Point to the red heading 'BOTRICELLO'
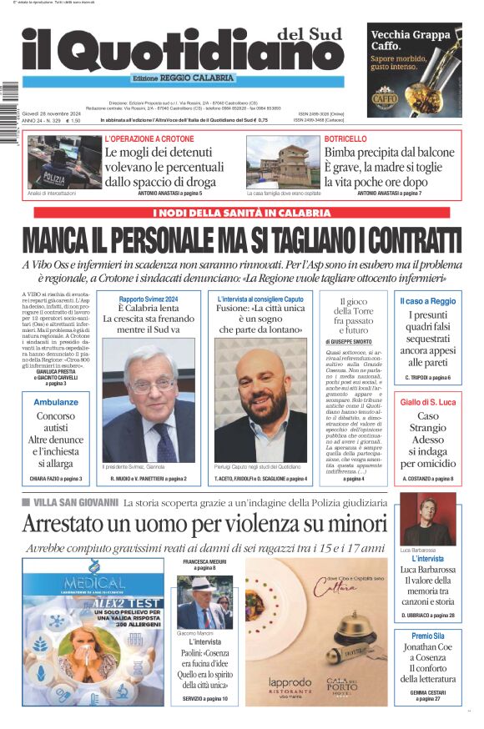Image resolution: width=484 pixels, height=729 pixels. coord(345,138)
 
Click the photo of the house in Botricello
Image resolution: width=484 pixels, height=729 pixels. coord(283,163)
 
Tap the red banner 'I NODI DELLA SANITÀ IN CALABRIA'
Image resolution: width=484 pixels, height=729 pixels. coord(242,212)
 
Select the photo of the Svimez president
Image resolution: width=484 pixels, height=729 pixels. coord(148,404)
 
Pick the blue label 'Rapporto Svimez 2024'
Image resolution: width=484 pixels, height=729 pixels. coord(149,299)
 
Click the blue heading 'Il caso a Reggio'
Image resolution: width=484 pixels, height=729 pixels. coord(427,301)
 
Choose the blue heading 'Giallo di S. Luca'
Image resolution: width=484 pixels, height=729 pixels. coord(427,402)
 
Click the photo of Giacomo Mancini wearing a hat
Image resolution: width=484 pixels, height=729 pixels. coord(204,602)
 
